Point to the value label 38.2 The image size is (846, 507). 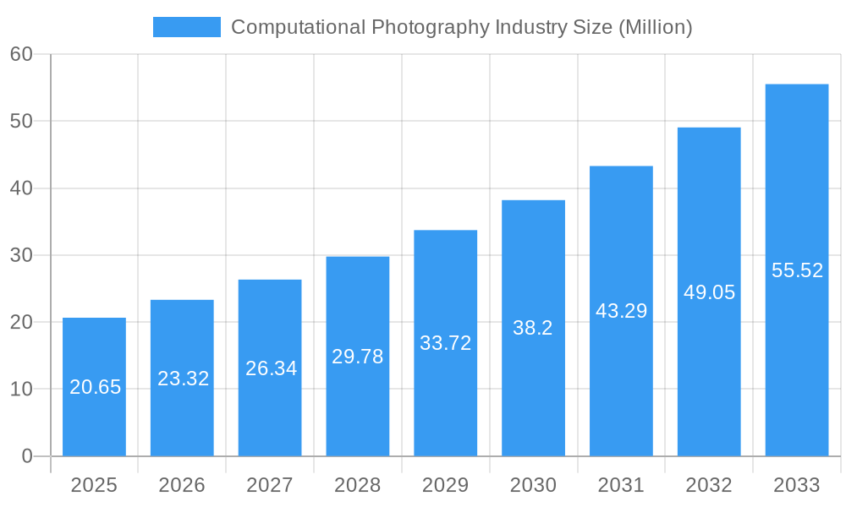[x=533, y=328]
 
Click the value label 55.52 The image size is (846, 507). [x=797, y=270]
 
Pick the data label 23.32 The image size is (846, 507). [x=183, y=379]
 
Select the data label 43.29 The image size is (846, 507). [x=621, y=311]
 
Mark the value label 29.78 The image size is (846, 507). [x=357, y=357]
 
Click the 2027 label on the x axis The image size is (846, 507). [x=270, y=485]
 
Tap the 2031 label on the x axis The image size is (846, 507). [x=621, y=485]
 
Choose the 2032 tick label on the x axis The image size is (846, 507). [x=709, y=485]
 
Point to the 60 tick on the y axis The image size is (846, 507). [x=21, y=54]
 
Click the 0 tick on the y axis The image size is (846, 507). [x=26, y=456]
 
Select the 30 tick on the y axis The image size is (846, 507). [x=21, y=255]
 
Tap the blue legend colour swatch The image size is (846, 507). [x=186, y=27]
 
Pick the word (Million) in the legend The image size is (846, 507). [x=655, y=27]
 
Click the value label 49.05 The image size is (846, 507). [x=709, y=292]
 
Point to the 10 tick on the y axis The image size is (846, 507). [x=21, y=390]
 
